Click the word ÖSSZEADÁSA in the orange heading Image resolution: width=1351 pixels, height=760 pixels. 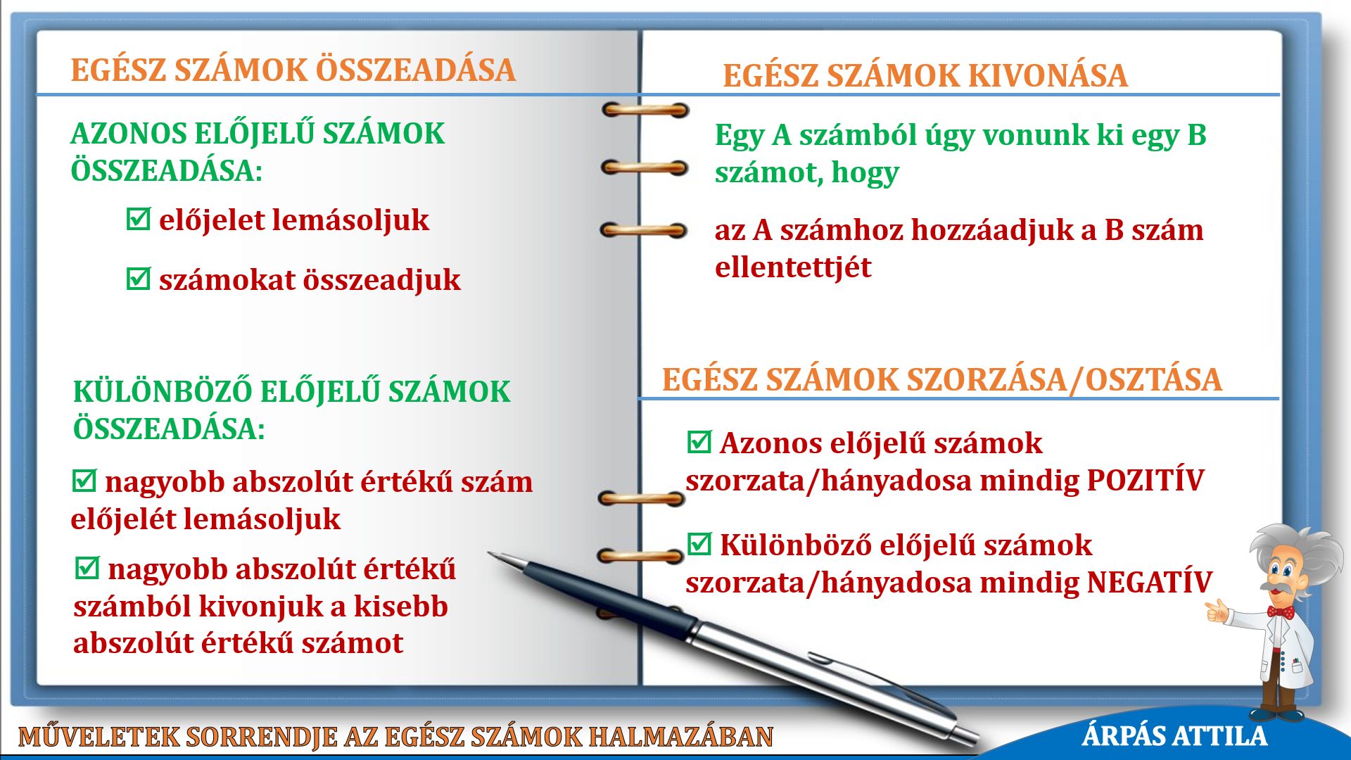tap(415, 70)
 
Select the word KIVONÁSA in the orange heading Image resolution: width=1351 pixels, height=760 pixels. tap(1048, 75)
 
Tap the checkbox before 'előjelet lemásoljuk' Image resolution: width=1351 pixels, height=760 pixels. tap(138, 219)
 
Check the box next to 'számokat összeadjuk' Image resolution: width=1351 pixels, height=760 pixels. tap(138, 278)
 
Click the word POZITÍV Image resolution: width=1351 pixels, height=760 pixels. tap(1145, 480)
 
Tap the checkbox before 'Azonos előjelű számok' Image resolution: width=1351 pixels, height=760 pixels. tap(699, 442)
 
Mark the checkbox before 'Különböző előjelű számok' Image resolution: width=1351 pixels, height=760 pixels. tap(699, 544)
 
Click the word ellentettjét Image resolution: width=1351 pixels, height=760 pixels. tap(793, 267)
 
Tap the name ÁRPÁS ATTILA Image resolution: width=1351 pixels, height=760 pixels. tap(1174, 736)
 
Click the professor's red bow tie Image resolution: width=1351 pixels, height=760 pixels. tap(1281, 612)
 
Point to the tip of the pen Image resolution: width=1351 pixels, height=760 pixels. tap(490, 554)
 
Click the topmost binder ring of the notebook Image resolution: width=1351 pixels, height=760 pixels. tap(645, 110)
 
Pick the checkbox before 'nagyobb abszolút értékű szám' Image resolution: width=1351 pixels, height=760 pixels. tap(84, 481)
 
